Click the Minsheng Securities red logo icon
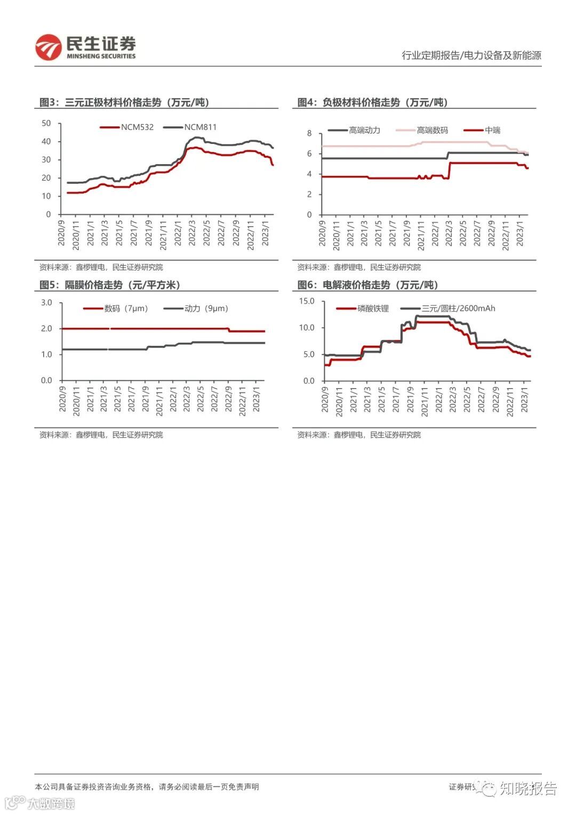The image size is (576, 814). click(48, 47)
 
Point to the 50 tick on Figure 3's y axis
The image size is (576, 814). click(46, 123)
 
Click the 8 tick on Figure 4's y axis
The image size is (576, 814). click(309, 133)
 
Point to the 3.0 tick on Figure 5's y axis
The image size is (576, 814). click(46, 303)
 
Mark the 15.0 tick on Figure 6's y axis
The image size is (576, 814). click(307, 301)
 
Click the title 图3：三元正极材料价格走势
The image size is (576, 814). click(124, 102)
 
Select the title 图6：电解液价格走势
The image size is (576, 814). click(368, 285)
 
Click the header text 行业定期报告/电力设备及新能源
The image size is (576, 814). click(471, 55)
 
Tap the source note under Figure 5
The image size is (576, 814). click(101, 435)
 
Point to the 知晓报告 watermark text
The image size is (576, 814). click(528, 788)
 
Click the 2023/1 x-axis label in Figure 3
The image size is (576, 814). click(266, 231)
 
